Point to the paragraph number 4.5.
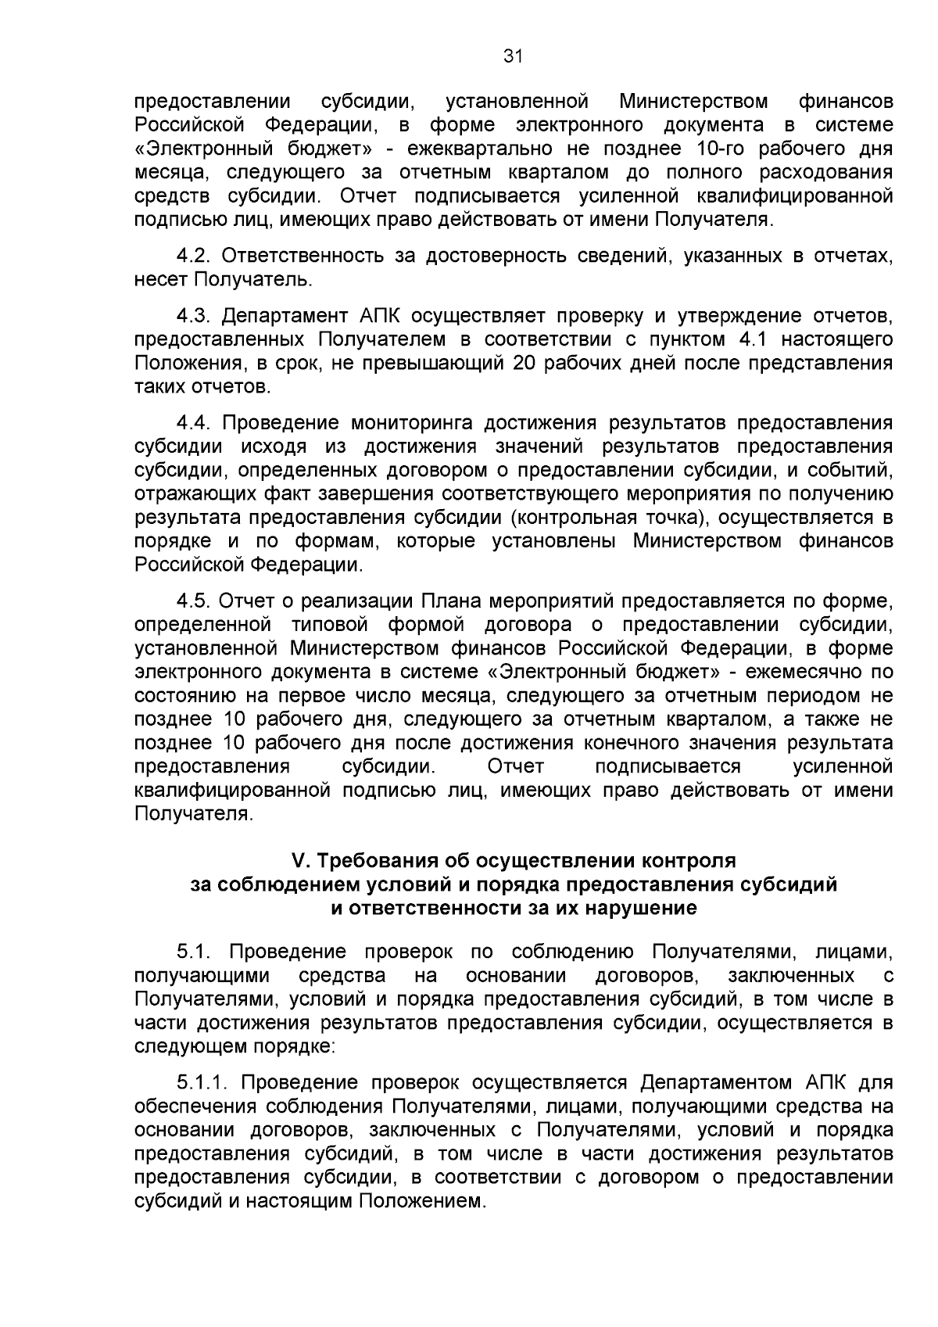pos(193,601)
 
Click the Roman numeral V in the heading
pos(298,860)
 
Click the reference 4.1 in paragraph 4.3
pos(753,339)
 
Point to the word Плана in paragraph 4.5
pos(449,601)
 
